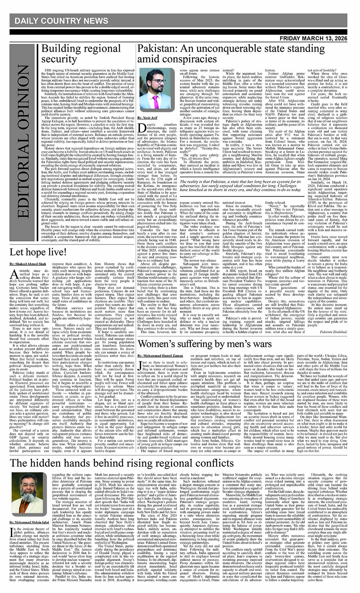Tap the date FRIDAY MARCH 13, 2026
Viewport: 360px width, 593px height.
[312, 38]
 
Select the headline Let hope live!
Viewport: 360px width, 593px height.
[38, 252]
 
